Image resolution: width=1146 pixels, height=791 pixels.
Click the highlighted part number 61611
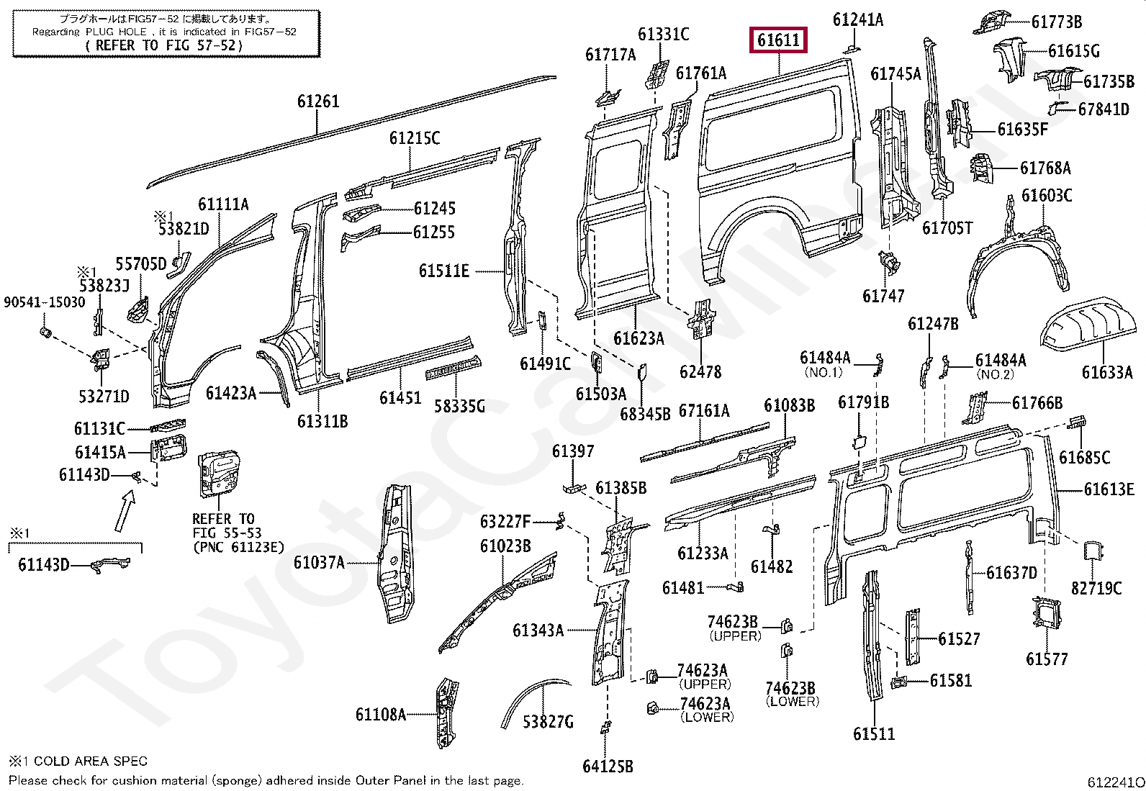[x=779, y=40]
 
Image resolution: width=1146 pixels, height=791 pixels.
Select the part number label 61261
[x=317, y=102]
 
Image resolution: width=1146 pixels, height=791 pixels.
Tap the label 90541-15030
[x=44, y=302]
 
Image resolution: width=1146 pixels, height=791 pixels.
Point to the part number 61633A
[x=1106, y=372]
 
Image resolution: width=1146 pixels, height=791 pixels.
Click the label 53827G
[x=548, y=721]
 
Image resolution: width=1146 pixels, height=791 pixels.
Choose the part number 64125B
[x=608, y=767]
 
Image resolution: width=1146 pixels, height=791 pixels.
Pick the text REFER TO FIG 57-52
[x=164, y=45]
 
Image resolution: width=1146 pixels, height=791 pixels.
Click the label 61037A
[x=319, y=562]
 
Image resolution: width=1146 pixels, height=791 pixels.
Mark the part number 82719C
[x=1096, y=588]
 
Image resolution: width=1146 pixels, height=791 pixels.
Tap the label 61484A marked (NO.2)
[x=1000, y=361]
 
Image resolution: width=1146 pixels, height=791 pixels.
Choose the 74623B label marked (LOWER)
[x=790, y=689]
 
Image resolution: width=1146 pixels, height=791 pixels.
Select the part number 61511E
[x=443, y=271]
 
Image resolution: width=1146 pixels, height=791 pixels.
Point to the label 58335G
[x=459, y=407]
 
